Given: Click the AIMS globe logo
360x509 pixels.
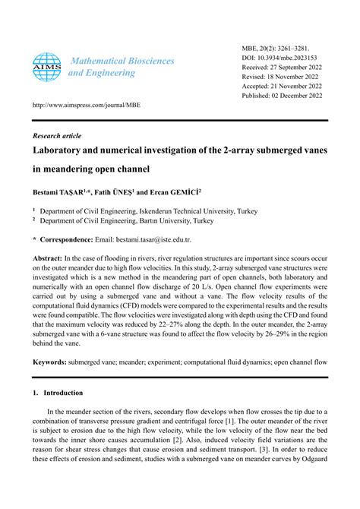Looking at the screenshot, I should click(x=47, y=66).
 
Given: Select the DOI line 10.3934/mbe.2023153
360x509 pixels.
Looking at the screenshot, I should click(x=280, y=57).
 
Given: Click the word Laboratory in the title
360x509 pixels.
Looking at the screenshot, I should click(x=65, y=153).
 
